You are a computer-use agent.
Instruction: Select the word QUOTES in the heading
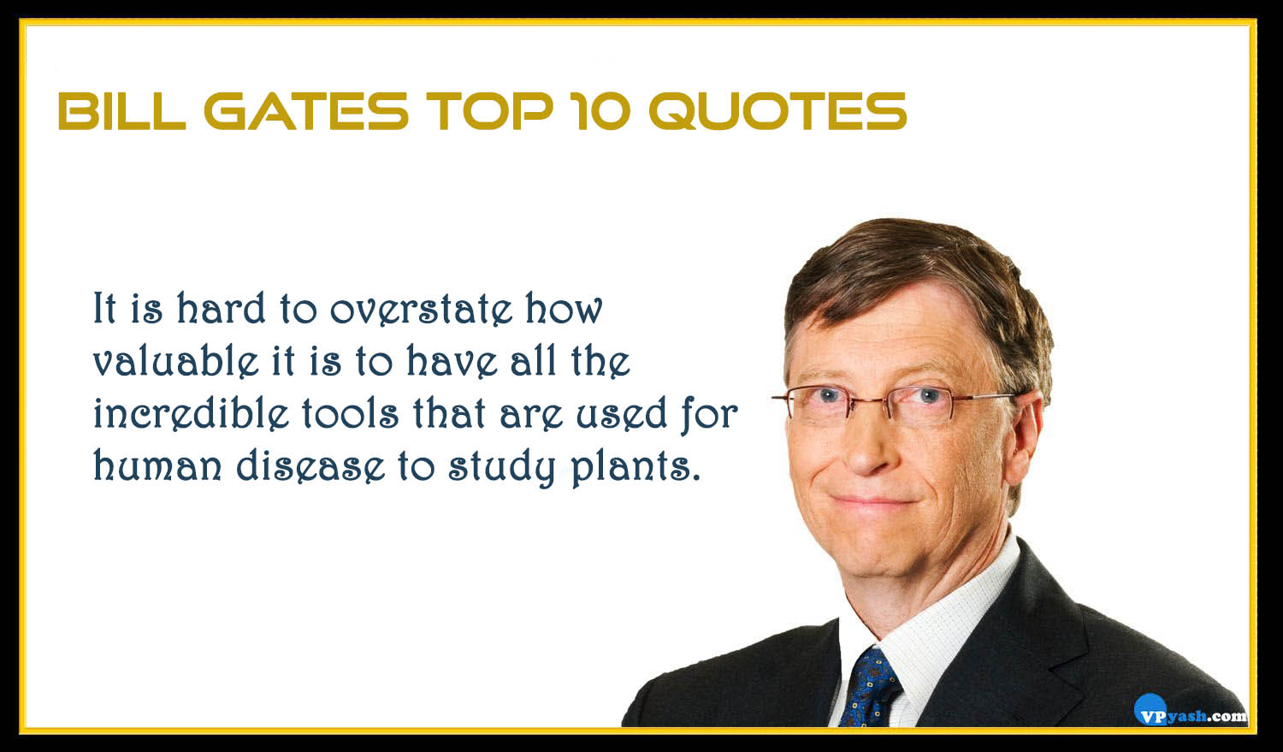tap(778, 111)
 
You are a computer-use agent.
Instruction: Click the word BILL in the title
tap(122, 111)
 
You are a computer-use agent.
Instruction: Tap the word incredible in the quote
tap(192, 412)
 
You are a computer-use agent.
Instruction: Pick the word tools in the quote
tap(350, 412)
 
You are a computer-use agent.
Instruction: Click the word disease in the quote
tap(311, 465)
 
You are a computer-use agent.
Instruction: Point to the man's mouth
tap(873, 501)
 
